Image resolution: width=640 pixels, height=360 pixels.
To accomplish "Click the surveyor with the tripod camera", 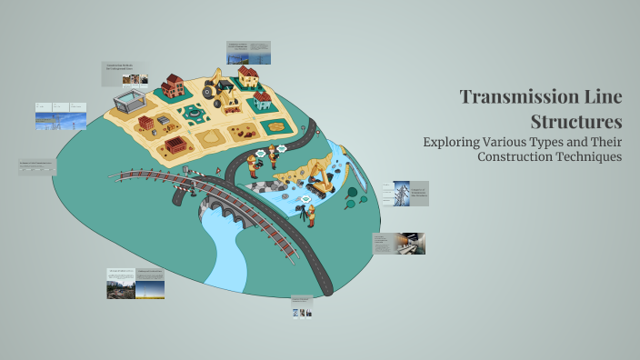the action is point(309,215).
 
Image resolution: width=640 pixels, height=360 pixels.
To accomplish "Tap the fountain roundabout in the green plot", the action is point(193,114).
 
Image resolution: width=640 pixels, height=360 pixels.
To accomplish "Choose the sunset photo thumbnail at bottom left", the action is point(150,288).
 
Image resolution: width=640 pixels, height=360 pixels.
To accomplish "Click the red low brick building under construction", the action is point(175,145).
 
